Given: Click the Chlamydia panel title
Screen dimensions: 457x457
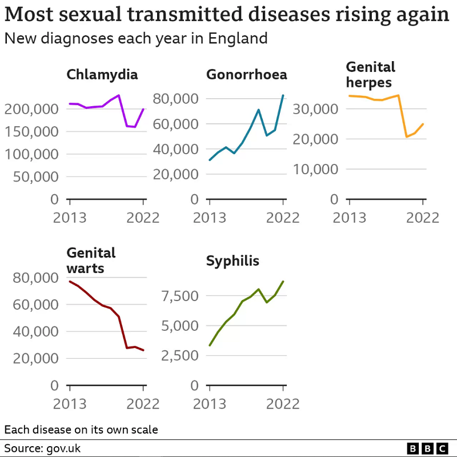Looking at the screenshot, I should click(x=102, y=75).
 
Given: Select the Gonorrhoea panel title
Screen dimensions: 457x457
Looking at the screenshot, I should click(x=247, y=75).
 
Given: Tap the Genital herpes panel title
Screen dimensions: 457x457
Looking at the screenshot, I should click(x=371, y=75).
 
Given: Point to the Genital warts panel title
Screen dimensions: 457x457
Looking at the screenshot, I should click(x=91, y=260).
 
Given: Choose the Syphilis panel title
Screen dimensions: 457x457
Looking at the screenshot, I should click(x=232, y=262).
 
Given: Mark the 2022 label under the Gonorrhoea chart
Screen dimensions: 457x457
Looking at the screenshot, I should click(x=283, y=218).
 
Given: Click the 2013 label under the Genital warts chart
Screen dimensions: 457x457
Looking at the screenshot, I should click(x=70, y=404).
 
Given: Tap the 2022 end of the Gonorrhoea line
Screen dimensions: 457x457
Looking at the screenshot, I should click(x=283, y=95).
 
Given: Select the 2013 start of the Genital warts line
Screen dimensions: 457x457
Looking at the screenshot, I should click(x=70, y=281).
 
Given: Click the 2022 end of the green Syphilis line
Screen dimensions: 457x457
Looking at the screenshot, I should click(x=283, y=282).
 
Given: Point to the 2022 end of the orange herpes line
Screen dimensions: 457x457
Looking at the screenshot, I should click(x=423, y=124).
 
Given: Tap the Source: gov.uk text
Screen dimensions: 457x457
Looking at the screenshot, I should click(x=42, y=448).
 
